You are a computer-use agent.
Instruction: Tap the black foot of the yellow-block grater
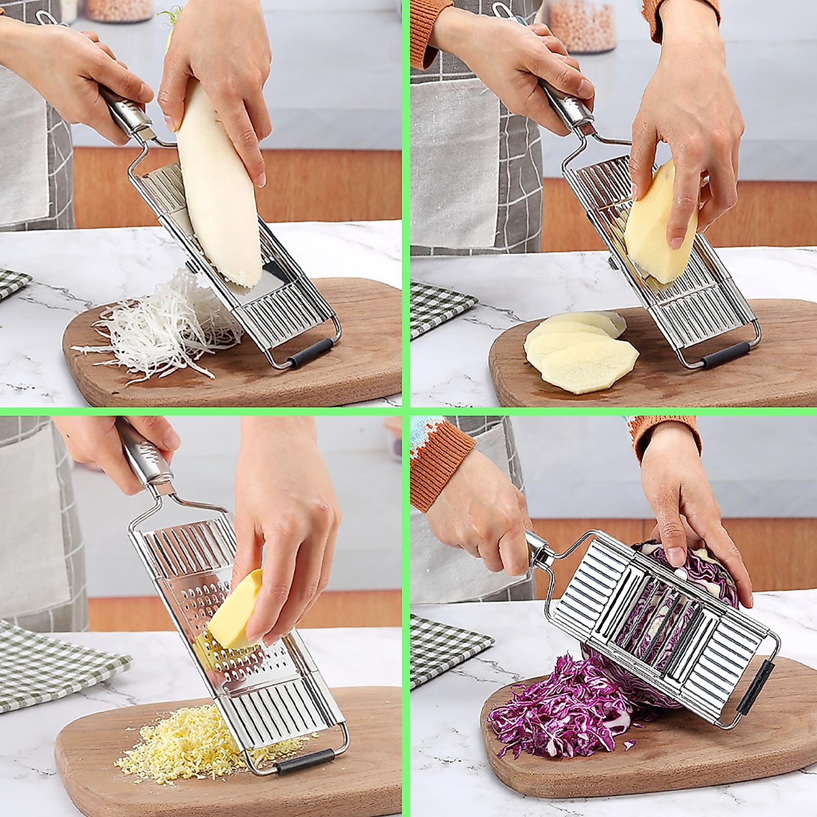(304, 761)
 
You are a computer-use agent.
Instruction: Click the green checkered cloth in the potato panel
(439, 306)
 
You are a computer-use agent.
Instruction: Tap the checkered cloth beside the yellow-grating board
(54, 664)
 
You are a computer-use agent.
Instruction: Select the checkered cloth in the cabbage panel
(443, 647)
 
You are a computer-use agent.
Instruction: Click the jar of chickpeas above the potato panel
(582, 24)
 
